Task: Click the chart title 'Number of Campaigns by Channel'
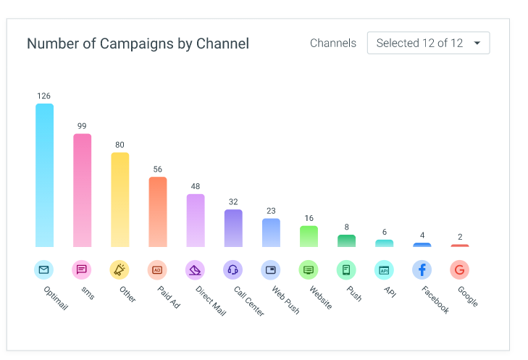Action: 138,43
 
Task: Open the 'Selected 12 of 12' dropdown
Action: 428,43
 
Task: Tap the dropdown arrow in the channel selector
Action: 477,43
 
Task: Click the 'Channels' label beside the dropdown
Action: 333,43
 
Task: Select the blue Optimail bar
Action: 44,175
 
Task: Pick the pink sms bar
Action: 82,191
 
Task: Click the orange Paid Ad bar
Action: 158,212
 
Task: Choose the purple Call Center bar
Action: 233,228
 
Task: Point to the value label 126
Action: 43,96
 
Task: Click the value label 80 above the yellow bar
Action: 120,145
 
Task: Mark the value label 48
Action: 196,186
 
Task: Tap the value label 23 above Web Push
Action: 271,211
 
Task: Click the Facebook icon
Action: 422,269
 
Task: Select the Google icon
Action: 460,269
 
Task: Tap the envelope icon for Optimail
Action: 43,269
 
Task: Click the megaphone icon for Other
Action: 120,269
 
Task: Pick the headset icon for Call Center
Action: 232,269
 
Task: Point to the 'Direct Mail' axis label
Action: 211,301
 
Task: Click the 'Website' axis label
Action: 321,298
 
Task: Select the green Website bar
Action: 309,236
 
